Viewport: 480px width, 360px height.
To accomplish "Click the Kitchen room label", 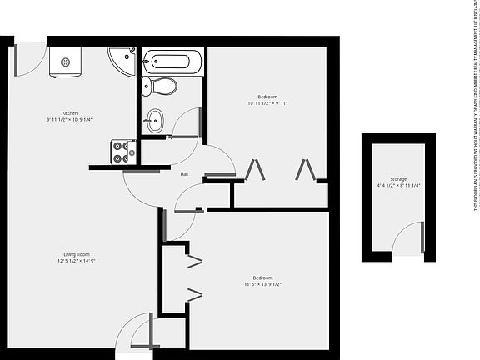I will click(x=69, y=112).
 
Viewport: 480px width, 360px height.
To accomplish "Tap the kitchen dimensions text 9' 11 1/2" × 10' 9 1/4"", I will click(x=69, y=120).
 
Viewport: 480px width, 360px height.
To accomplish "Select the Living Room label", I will click(x=76, y=254).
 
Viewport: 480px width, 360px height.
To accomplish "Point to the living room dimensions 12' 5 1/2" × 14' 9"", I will click(x=76, y=262).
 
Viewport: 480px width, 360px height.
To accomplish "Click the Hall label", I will click(x=185, y=173).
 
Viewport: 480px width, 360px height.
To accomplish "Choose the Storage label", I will click(x=398, y=178).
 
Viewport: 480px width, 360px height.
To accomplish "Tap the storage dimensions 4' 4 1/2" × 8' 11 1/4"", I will click(x=398, y=186).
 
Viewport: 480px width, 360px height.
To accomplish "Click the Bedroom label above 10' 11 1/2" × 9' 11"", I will click(x=267, y=97).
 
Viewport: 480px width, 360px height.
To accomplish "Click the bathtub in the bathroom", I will click(x=172, y=61).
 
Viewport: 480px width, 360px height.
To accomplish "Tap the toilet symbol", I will click(x=160, y=86).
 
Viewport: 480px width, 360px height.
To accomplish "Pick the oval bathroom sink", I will click(x=156, y=119).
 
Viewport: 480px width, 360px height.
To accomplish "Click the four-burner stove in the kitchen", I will click(x=123, y=152).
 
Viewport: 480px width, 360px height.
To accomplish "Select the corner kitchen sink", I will click(x=123, y=60).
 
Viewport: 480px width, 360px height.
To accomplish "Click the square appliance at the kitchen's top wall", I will click(x=65, y=62).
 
